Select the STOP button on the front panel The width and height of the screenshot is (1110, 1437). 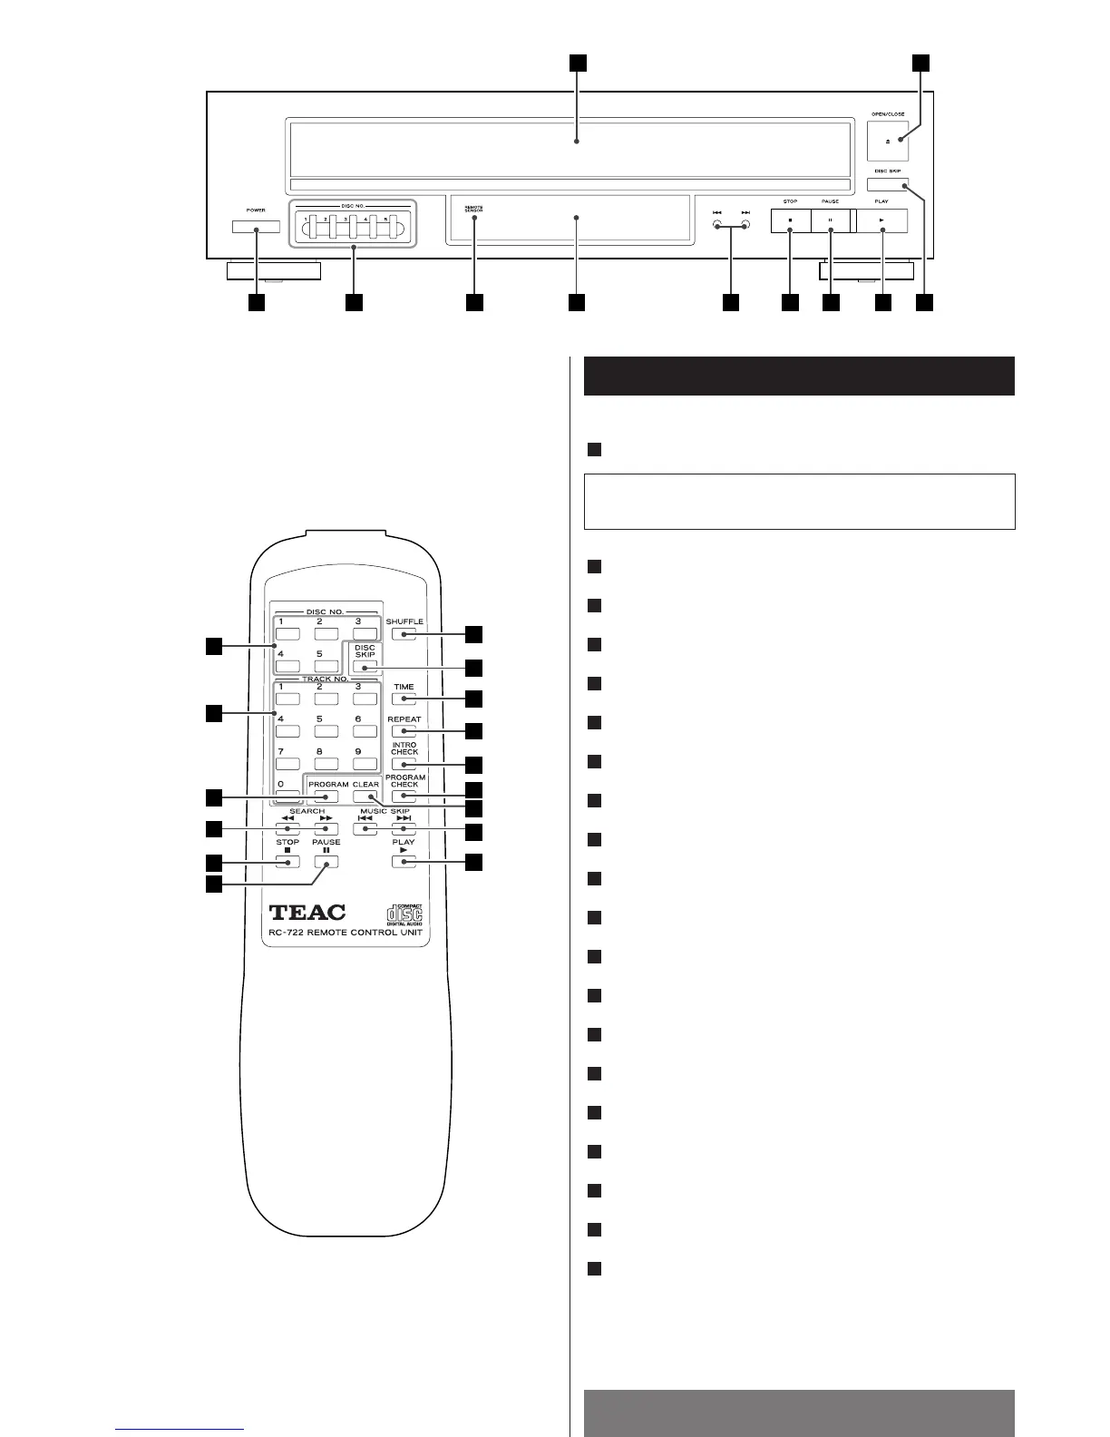tap(790, 220)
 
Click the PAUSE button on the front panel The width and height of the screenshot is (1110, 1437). tap(830, 220)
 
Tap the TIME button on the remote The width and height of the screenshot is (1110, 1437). tap(404, 699)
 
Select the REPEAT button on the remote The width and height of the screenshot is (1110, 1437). tap(404, 731)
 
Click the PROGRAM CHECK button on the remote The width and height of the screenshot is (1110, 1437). tap(404, 797)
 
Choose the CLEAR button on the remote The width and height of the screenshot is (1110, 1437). tap(365, 797)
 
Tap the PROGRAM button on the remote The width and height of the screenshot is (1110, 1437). tap(327, 797)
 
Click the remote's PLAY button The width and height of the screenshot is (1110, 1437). tap(404, 861)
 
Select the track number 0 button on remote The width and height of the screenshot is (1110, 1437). tap(287, 797)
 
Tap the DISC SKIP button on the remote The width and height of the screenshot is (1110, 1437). tap(365, 667)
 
